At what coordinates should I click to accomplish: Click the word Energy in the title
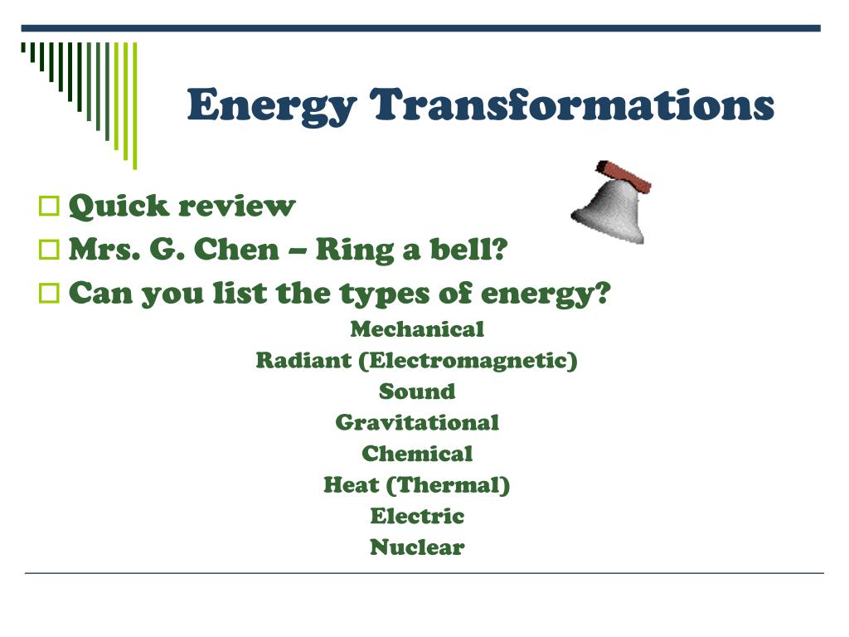(272, 106)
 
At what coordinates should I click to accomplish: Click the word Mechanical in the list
(417, 329)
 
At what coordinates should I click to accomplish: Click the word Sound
(417, 391)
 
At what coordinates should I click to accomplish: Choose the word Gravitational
(417, 423)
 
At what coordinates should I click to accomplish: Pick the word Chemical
(417, 454)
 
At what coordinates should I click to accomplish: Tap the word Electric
(417, 516)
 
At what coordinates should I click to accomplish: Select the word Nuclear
(417, 547)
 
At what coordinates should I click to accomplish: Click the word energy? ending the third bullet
(546, 293)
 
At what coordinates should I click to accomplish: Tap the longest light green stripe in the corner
(134, 104)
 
